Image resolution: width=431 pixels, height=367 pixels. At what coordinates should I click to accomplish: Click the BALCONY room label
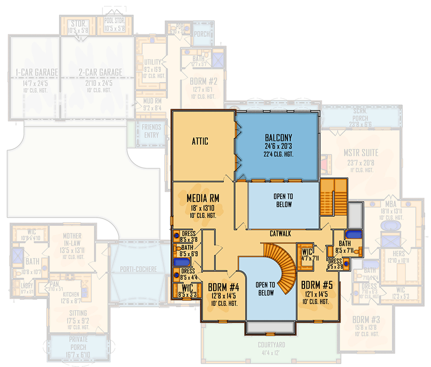[x=278, y=138]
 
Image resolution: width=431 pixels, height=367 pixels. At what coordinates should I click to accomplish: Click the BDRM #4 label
[x=220, y=288]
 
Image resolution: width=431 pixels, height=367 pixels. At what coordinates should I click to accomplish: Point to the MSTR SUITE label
[x=361, y=154]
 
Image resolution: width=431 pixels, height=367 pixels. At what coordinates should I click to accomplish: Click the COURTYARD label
[x=271, y=345]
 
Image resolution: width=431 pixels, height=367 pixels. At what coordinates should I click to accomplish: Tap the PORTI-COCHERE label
[x=139, y=269]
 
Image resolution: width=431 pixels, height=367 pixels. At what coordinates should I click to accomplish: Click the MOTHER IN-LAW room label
[x=72, y=239]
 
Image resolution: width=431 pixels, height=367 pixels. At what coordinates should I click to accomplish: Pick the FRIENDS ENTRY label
[x=151, y=131]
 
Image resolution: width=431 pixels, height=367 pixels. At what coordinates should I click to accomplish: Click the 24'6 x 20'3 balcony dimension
[x=278, y=146]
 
